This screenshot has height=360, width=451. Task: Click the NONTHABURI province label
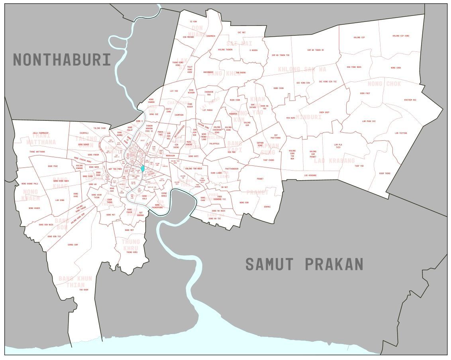pos(62,60)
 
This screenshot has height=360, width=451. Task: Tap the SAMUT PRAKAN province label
pos(304,264)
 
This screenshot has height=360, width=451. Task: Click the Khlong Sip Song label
pos(401,36)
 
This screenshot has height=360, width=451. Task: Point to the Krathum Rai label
pos(410,100)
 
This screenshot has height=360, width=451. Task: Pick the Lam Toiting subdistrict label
pos(401,133)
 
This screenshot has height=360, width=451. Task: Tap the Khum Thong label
pos(384,173)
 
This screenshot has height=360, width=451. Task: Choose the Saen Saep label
pos(324,112)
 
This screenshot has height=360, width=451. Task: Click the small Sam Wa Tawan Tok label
pos(280,55)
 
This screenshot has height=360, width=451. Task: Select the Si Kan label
pos(193,22)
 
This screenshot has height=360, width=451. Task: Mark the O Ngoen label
pos(253,50)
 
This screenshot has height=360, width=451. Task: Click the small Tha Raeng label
pos(241,73)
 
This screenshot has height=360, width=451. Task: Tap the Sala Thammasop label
pos(41,133)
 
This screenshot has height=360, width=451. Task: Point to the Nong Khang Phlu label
pos(29,184)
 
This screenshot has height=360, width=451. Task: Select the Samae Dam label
pos(73,244)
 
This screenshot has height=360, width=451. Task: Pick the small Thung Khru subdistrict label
pos(132,252)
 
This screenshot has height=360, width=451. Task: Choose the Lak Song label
pos(60,200)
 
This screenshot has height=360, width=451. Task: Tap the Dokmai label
pos(267,207)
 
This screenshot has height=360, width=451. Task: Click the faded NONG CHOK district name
pos(384,84)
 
